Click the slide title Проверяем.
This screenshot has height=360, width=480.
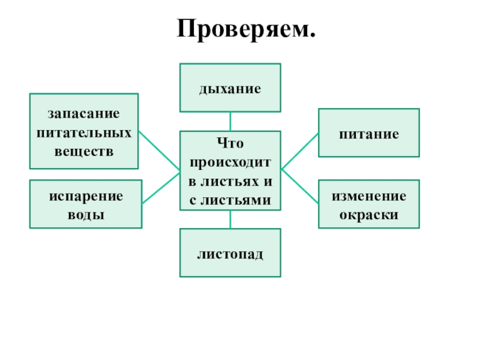[245, 29]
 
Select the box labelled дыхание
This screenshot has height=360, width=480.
[230, 88]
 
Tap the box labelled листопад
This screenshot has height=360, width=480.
[230, 253]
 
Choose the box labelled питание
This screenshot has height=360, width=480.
[368, 133]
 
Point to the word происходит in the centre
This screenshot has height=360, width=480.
[230, 163]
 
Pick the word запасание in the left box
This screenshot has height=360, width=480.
[84, 113]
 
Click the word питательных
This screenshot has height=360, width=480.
[84, 131]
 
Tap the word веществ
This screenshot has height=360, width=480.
[84, 148]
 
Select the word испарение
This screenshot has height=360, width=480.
[86, 196]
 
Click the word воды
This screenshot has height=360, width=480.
[86, 214]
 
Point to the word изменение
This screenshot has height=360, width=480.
[369, 196]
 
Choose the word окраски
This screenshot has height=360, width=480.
[369, 214]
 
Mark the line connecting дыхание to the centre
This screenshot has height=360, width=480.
[230, 121]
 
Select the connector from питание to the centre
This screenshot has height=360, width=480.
[299, 151]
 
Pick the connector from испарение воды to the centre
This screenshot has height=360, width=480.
[161, 187]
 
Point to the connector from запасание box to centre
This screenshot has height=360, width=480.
[159, 150]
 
